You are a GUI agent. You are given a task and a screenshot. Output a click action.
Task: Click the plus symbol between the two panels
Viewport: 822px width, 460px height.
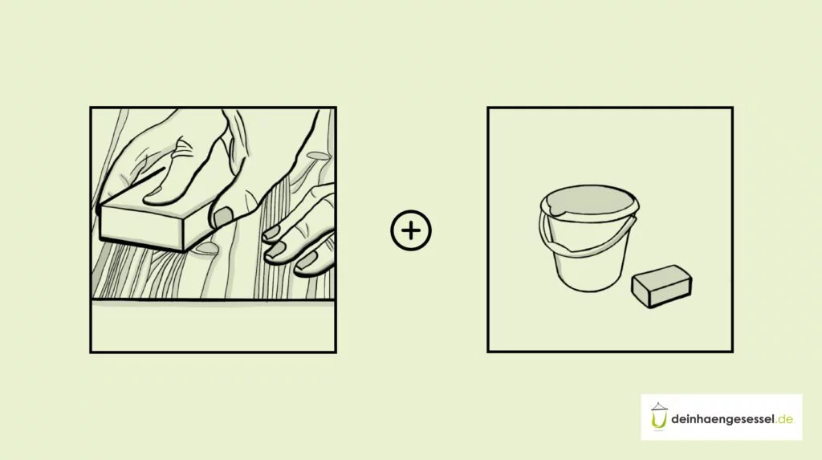point(411,230)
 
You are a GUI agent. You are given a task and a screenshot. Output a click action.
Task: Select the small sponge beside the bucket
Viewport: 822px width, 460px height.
point(661,286)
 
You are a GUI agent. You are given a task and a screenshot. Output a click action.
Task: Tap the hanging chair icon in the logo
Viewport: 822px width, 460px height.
point(659,417)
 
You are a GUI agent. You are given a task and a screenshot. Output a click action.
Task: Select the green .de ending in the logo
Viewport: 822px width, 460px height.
point(785,419)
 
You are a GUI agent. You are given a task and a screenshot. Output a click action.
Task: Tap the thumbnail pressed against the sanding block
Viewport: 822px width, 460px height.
point(223,216)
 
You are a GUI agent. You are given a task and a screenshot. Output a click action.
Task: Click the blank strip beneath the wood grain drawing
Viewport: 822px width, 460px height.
point(214,326)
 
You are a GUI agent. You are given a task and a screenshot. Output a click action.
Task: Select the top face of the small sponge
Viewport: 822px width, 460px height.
point(661,275)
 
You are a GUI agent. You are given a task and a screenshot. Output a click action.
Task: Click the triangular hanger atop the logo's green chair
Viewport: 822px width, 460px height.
point(659,406)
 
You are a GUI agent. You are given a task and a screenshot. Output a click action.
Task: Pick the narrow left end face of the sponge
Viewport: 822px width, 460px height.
point(641,293)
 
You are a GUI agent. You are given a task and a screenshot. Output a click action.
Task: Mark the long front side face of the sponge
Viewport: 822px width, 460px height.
point(672,292)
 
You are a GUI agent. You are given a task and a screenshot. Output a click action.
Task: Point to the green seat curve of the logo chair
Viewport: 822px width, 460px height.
point(658,421)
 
